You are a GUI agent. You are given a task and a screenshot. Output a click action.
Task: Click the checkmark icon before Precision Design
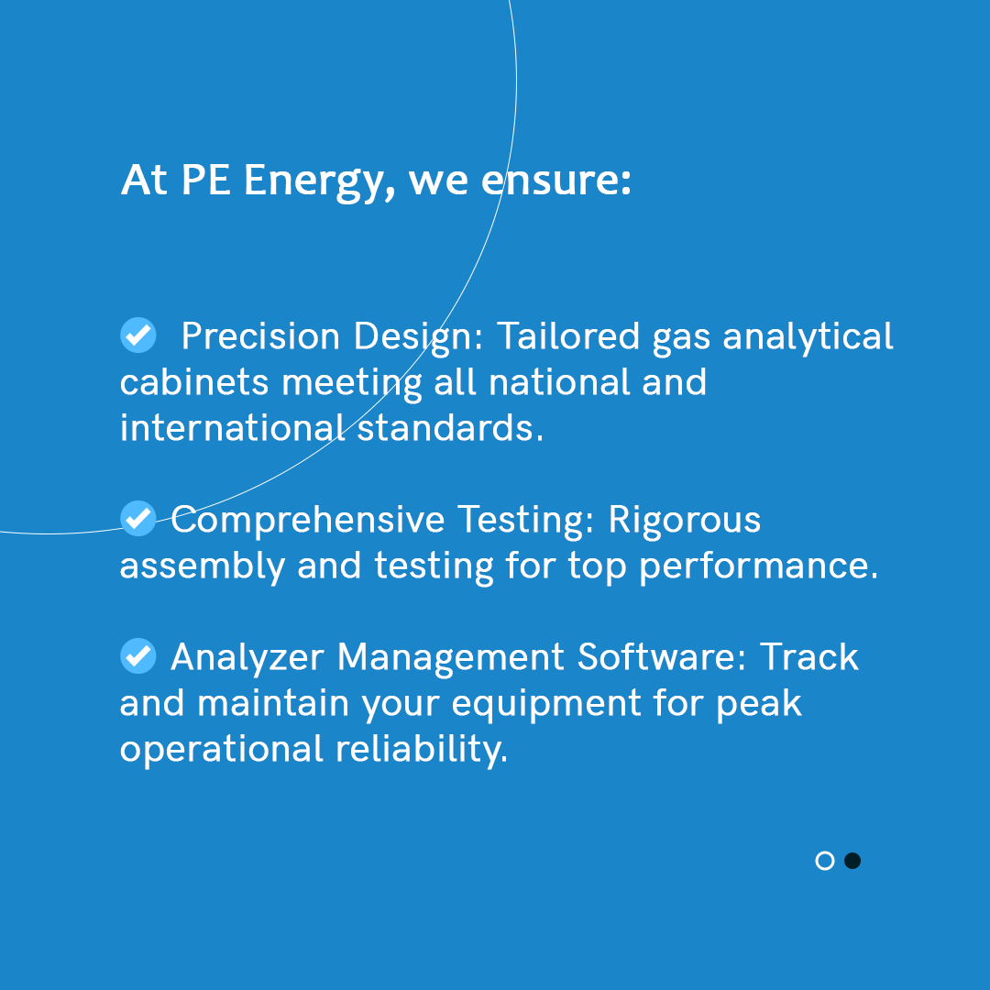[x=138, y=335]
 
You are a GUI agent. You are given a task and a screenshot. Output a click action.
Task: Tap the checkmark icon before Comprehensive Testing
[x=138, y=519]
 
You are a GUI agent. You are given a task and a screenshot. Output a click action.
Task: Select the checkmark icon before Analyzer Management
[x=138, y=656]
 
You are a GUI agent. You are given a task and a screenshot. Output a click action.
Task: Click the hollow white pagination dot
[x=825, y=861]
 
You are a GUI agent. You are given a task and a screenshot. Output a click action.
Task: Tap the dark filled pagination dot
[x=852, y=861]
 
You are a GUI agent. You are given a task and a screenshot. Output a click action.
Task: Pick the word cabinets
[x=194, y=382]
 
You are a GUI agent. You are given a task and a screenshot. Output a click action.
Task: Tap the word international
[x=232, y=428]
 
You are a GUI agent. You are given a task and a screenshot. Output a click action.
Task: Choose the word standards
[x=450, y=428]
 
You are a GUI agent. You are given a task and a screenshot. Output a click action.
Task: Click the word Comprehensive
[x=307, y=521]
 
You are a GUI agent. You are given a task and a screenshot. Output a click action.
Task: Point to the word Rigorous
[x=685, y=521]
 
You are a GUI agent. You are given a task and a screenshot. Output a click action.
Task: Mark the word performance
[x=758, y=567]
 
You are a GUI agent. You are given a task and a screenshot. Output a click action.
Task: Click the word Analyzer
[x=247, y=658]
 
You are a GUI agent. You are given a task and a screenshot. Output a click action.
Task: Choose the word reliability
[x=421, y=750]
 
